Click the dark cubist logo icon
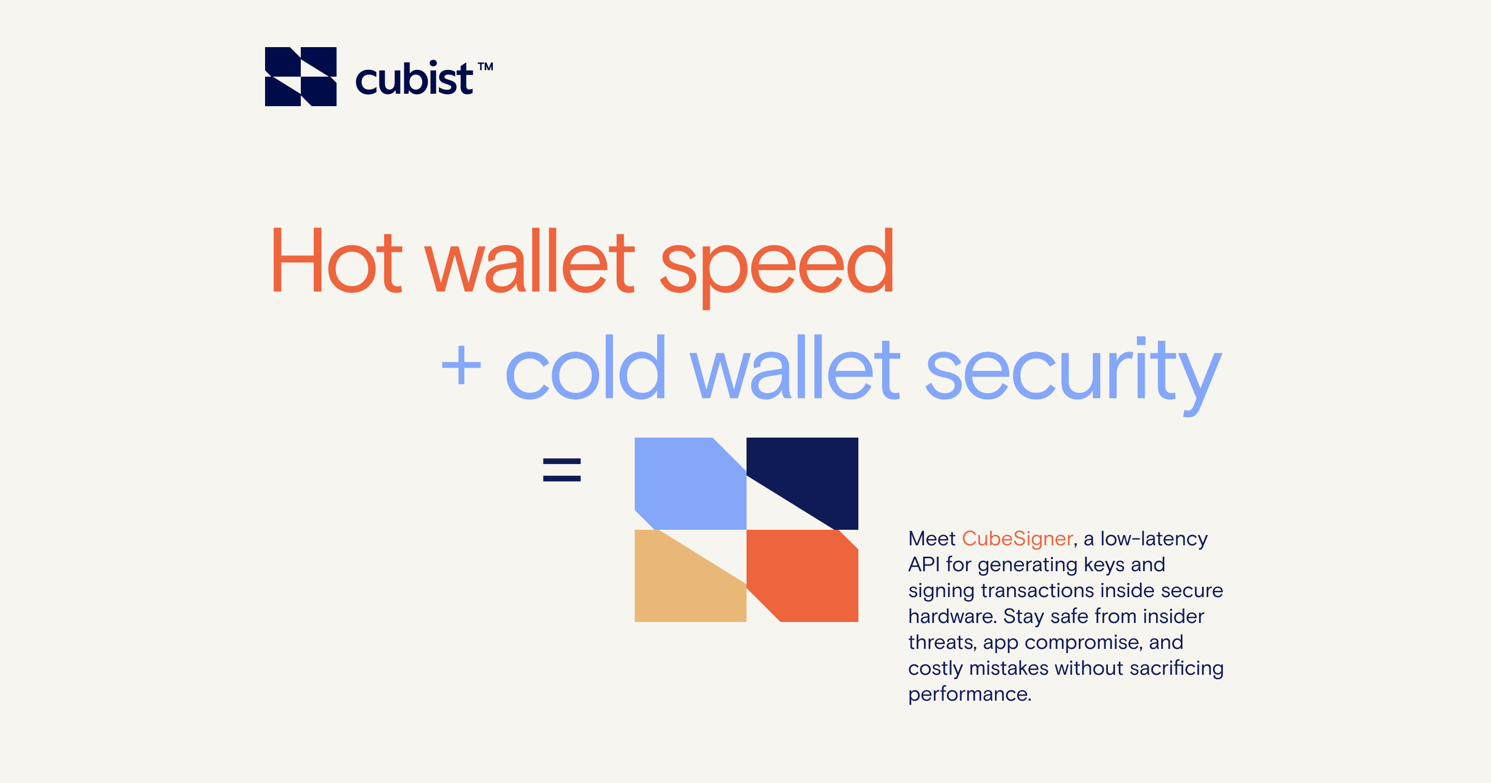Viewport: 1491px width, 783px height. click(300, 77)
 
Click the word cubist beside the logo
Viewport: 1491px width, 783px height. click(414, 78)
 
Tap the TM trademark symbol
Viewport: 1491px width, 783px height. click(486, 67)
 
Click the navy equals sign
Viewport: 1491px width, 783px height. click(561, 470)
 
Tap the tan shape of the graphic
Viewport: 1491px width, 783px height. click(683, 585)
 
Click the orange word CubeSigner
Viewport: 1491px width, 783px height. click(1017, 539)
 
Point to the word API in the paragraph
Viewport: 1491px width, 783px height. click(924, 564)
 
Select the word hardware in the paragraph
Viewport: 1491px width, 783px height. click(952, 616)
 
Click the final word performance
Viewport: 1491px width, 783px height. click(970, 695)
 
